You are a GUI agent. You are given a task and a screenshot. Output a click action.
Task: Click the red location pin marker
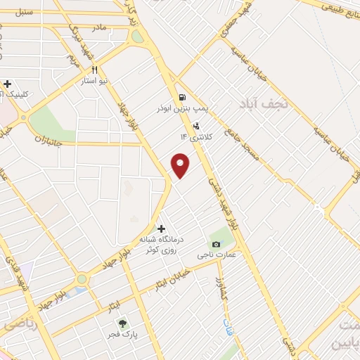(181, 166)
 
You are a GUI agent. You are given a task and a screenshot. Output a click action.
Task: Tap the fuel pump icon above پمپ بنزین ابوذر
(183, 97)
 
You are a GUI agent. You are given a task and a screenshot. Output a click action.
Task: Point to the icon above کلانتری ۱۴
(196, 124)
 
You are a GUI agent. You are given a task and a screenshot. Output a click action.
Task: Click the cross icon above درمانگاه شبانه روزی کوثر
(161, 229)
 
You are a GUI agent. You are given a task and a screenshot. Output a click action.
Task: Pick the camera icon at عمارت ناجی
(215, 244)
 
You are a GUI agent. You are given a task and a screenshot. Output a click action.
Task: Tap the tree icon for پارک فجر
(123, 324)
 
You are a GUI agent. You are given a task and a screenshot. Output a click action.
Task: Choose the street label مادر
(98, 27)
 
